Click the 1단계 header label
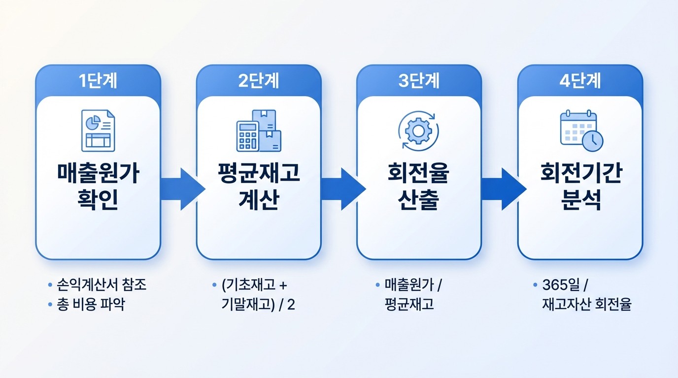coord(98,81)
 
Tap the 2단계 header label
coord(258,81)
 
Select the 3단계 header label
coord(419,81)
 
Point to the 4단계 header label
coord(580,81)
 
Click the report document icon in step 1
coord(98,130)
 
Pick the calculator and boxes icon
coord(258,130)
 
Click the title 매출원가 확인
coord(98,188)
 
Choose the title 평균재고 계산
coord(258,188)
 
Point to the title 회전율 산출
coord(419,188)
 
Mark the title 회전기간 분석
coord(580,188)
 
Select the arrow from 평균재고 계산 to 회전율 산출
coord(342,189)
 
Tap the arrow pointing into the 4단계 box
coord(503,189)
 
